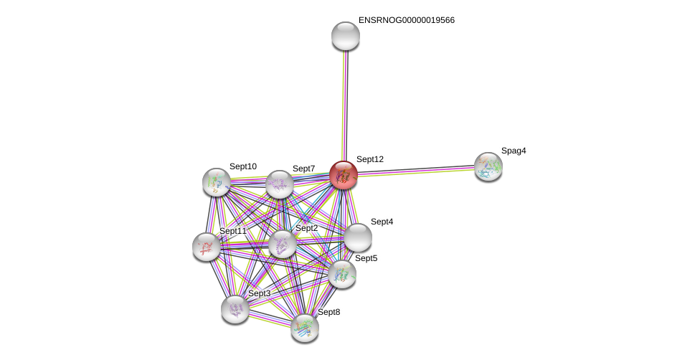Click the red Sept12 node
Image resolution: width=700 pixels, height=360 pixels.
click(344, 175)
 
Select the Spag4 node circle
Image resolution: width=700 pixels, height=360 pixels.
click(488, 166)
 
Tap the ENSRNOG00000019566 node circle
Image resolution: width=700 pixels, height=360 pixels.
click(346, 36)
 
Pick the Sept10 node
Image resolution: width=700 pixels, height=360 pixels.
click(217, 182)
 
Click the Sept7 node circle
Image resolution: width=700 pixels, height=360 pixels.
click(280, 184)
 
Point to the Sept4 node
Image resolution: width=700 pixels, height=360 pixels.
click(357, 237)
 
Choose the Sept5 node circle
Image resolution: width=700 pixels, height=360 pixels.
click(342, 273)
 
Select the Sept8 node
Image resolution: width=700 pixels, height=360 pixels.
click(305, 328)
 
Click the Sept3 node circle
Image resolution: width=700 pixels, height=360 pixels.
click(235, 309)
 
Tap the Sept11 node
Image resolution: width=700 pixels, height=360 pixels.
click(207, 247)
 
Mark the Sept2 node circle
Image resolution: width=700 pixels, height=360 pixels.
click(283, 244)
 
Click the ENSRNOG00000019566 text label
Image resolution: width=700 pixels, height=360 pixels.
click(406, 20)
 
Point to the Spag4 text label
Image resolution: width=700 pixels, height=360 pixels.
click(514, 151)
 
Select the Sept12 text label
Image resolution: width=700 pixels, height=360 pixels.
click(369, 159)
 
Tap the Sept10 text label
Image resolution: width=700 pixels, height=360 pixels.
click(243, 166)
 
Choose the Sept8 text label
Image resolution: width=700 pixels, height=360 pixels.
click(328, 312)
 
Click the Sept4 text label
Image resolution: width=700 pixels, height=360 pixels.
click(382, 222)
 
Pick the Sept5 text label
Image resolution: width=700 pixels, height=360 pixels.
click(366, 258)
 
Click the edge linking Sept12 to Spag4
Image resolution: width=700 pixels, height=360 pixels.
click(416, 171)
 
